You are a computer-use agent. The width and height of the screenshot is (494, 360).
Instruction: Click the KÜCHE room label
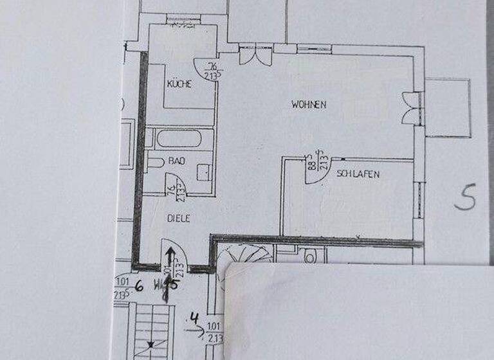click(179, 84)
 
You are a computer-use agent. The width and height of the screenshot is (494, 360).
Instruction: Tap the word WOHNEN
click(309, 104)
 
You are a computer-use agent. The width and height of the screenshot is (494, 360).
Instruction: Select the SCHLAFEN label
click(357, 174)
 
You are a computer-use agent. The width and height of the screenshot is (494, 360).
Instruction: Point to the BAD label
click(177, 161)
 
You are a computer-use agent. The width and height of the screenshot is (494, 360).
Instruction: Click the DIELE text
click(178, 218)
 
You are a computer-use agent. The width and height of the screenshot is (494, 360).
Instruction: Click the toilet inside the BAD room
click(155, 162)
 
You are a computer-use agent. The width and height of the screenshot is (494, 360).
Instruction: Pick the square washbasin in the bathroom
click(203, 172)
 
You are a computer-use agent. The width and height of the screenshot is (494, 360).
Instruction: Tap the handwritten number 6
click(138, 287)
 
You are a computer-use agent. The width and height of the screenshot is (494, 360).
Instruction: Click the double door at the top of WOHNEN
click(255, 54)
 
